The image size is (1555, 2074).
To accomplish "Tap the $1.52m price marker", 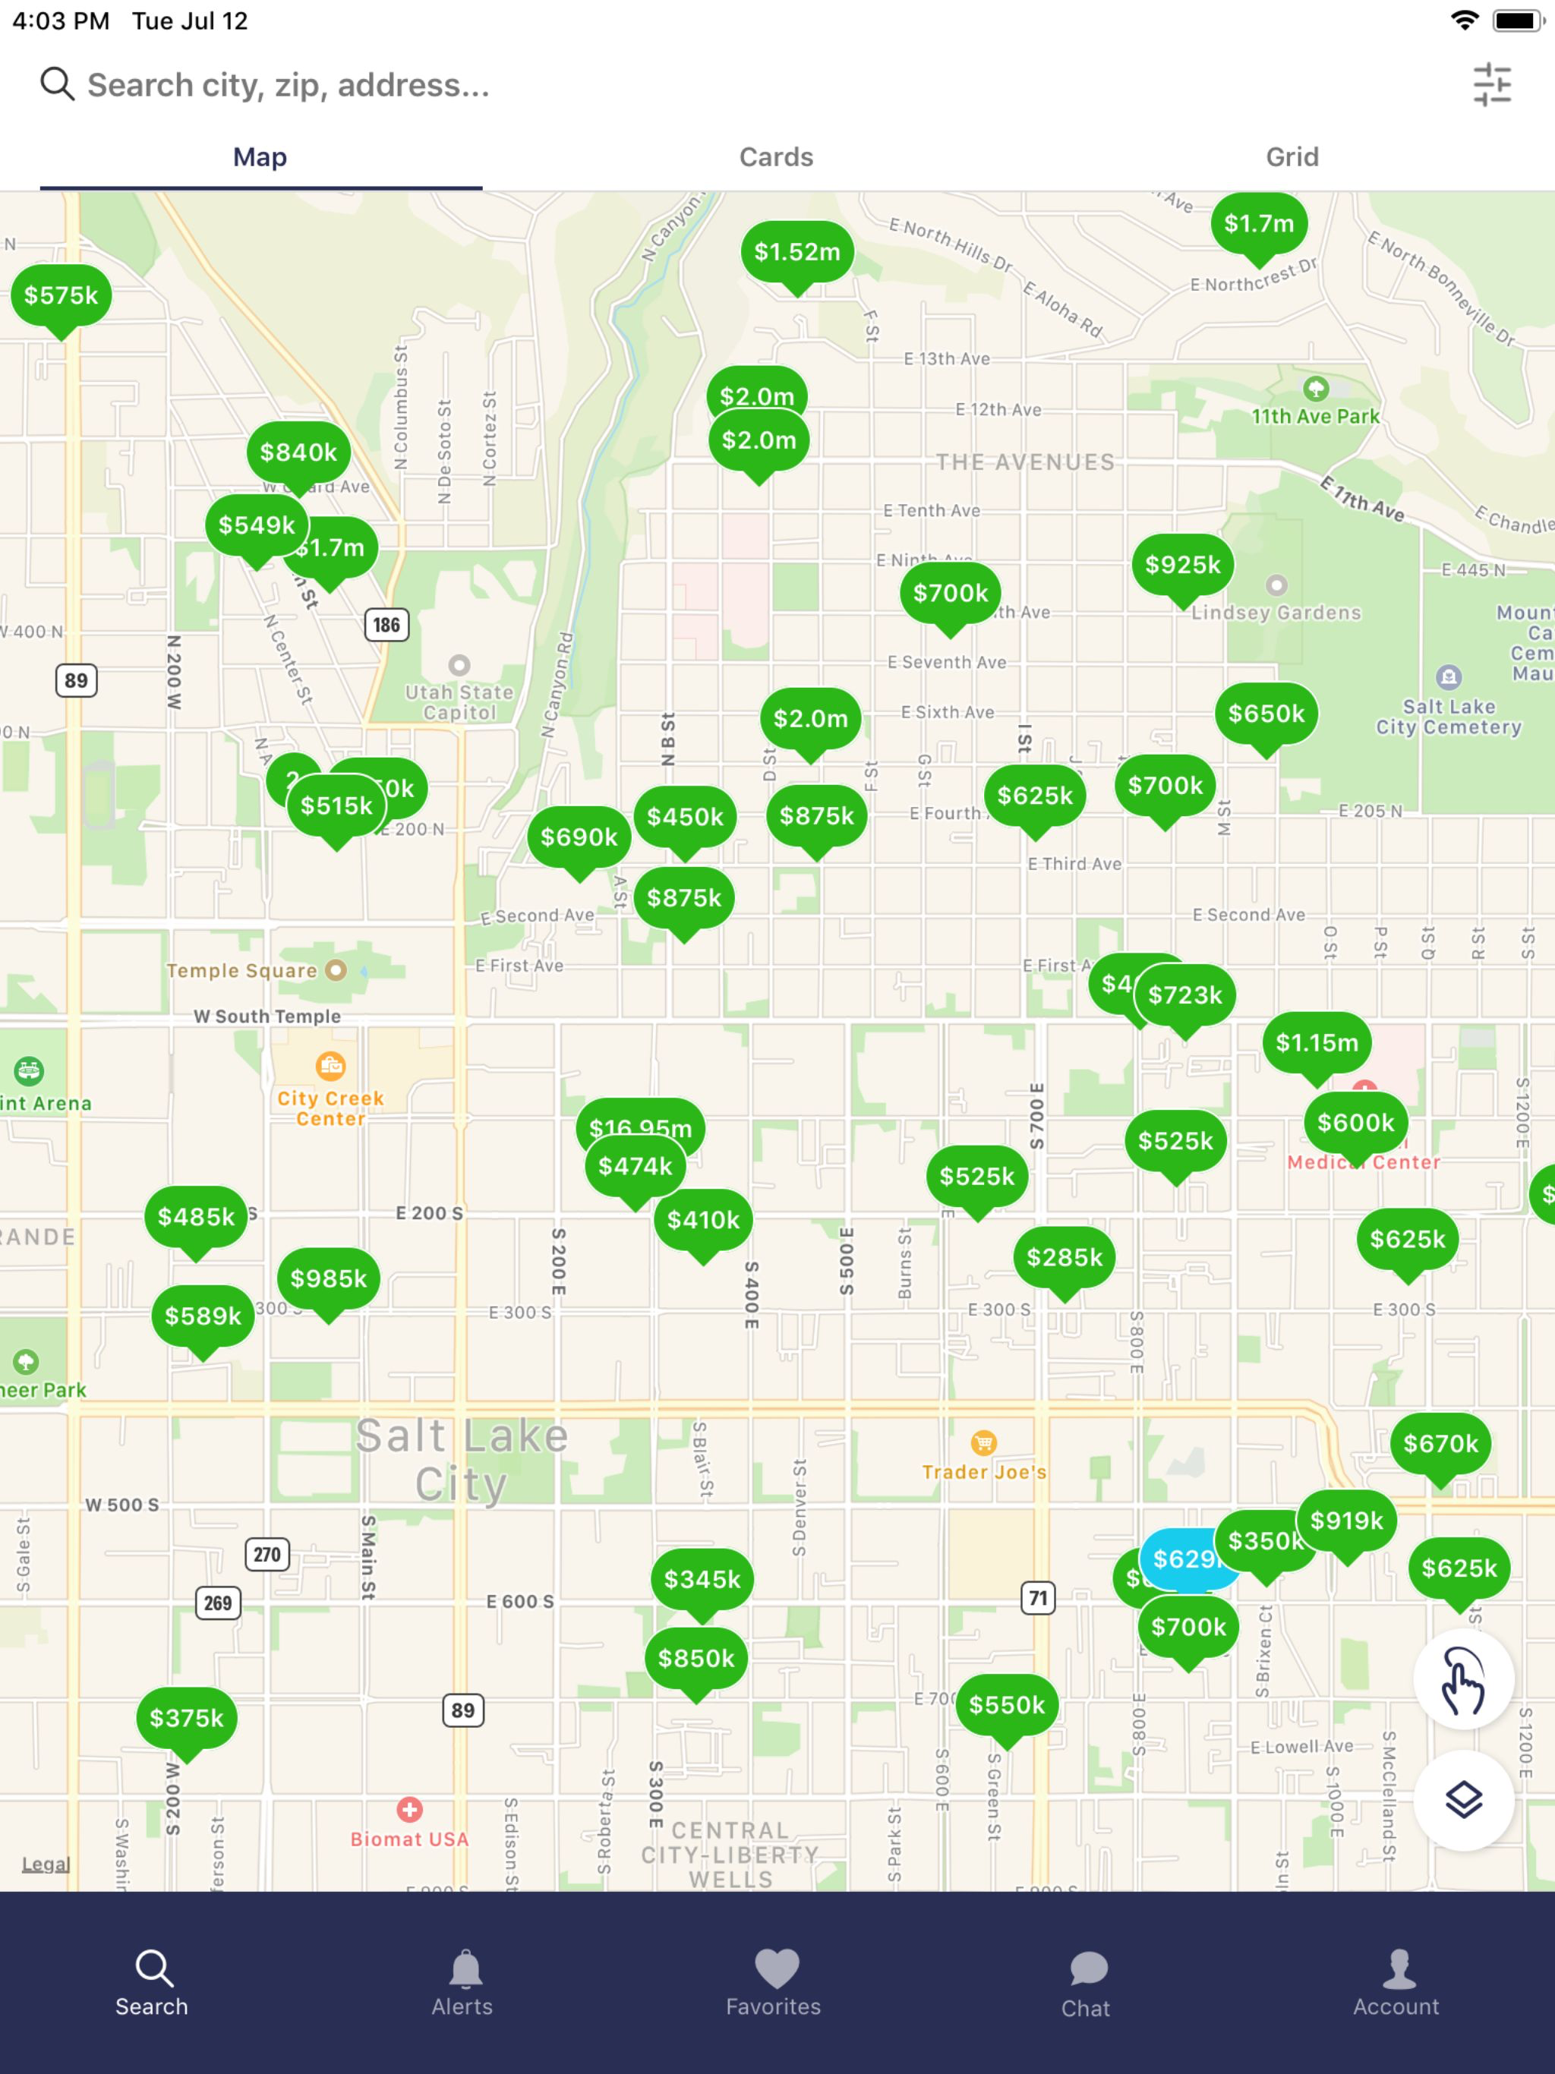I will [797, 251].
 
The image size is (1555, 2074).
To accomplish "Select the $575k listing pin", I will [61, 295].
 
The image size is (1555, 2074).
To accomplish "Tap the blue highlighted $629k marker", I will [1184, 1559].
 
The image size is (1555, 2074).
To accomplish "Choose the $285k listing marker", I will [1065, 1257].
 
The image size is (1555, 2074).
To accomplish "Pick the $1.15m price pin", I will [1317, 1042].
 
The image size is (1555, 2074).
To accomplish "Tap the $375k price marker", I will [187, 1718].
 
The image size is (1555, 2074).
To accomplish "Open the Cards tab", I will [776, 156].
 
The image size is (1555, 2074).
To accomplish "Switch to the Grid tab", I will [1292, 156].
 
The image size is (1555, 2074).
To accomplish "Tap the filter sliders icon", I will [1491, 84].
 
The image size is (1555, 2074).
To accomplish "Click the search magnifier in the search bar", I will [56, 84].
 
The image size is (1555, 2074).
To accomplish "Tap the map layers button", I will [1463, 1800].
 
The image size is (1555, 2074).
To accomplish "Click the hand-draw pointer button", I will [1463, 1680].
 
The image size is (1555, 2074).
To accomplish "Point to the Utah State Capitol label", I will [459, 701].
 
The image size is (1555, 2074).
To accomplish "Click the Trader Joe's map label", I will [984, 1471].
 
